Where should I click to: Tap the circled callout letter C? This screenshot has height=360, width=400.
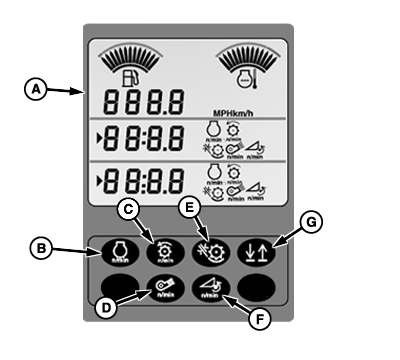(126, 208)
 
